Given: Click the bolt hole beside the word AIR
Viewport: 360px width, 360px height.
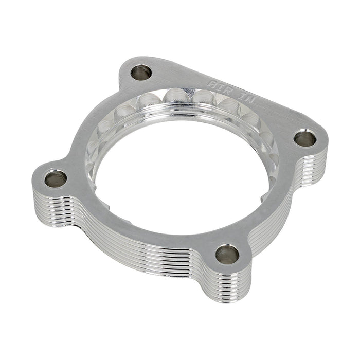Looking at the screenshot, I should coord(141,73).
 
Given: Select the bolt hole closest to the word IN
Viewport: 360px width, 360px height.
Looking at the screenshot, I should coord(305,138).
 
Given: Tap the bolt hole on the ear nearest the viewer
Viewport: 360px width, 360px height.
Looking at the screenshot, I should coord(227,254).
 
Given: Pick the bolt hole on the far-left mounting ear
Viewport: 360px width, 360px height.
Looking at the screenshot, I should coord(56,179).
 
